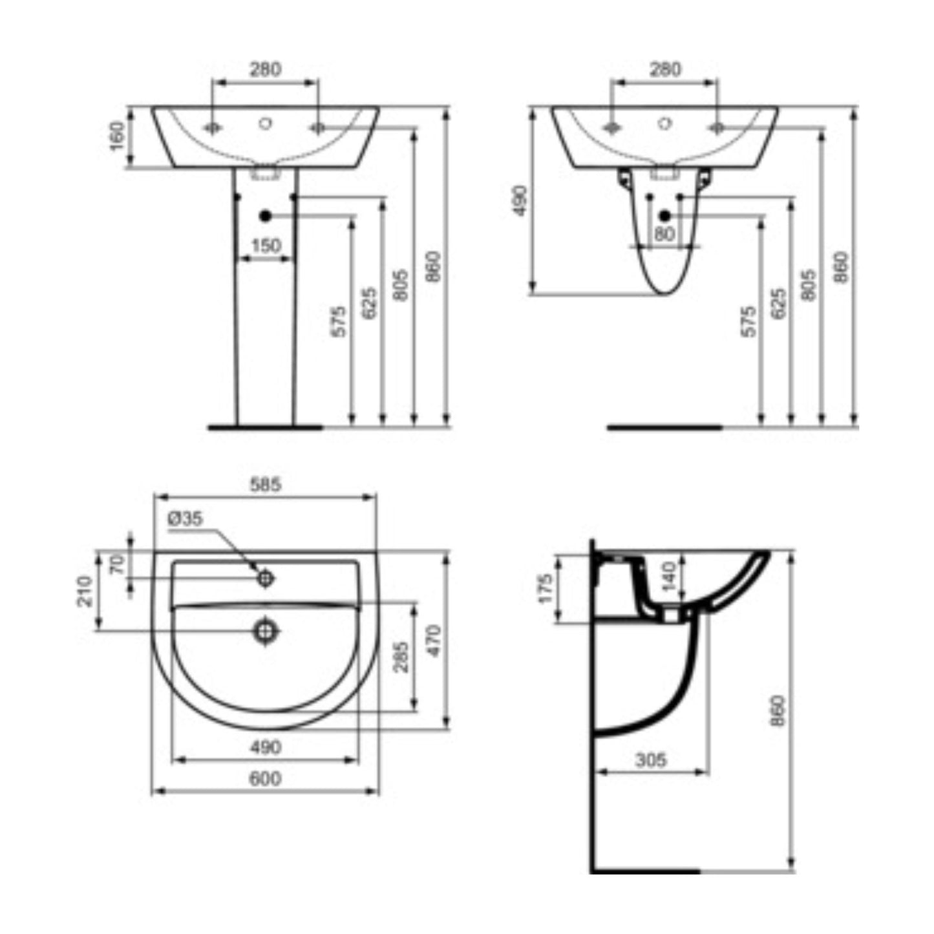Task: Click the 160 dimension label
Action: [118, 136]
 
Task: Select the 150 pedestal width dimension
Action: [266, 246]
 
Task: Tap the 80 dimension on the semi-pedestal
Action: [664, 235]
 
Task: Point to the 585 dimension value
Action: [265, 484]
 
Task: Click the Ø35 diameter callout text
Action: [185, 518]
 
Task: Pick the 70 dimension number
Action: [118, 565]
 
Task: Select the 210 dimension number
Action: [85, 591]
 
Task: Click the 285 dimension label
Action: [401, 657]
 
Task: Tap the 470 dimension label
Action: [434, 641]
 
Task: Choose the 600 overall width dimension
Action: [265, 779]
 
